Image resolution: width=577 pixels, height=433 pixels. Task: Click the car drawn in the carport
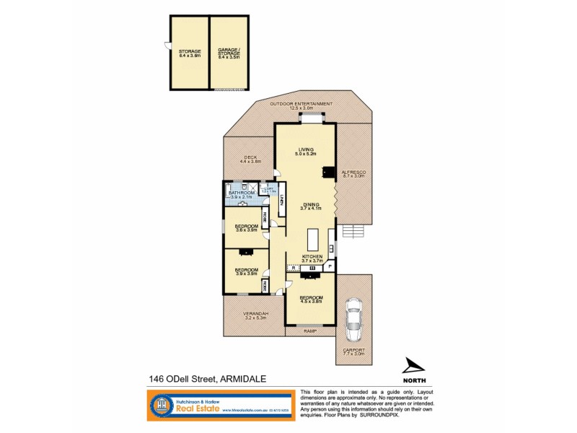353,322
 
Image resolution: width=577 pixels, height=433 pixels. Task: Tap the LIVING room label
306,150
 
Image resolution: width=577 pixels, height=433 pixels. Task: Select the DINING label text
310,206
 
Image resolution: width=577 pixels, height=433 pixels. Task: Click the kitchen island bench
312,239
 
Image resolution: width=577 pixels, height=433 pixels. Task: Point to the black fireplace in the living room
328,172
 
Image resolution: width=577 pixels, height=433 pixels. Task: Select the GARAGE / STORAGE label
229,52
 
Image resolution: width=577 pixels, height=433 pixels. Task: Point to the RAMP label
310,331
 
